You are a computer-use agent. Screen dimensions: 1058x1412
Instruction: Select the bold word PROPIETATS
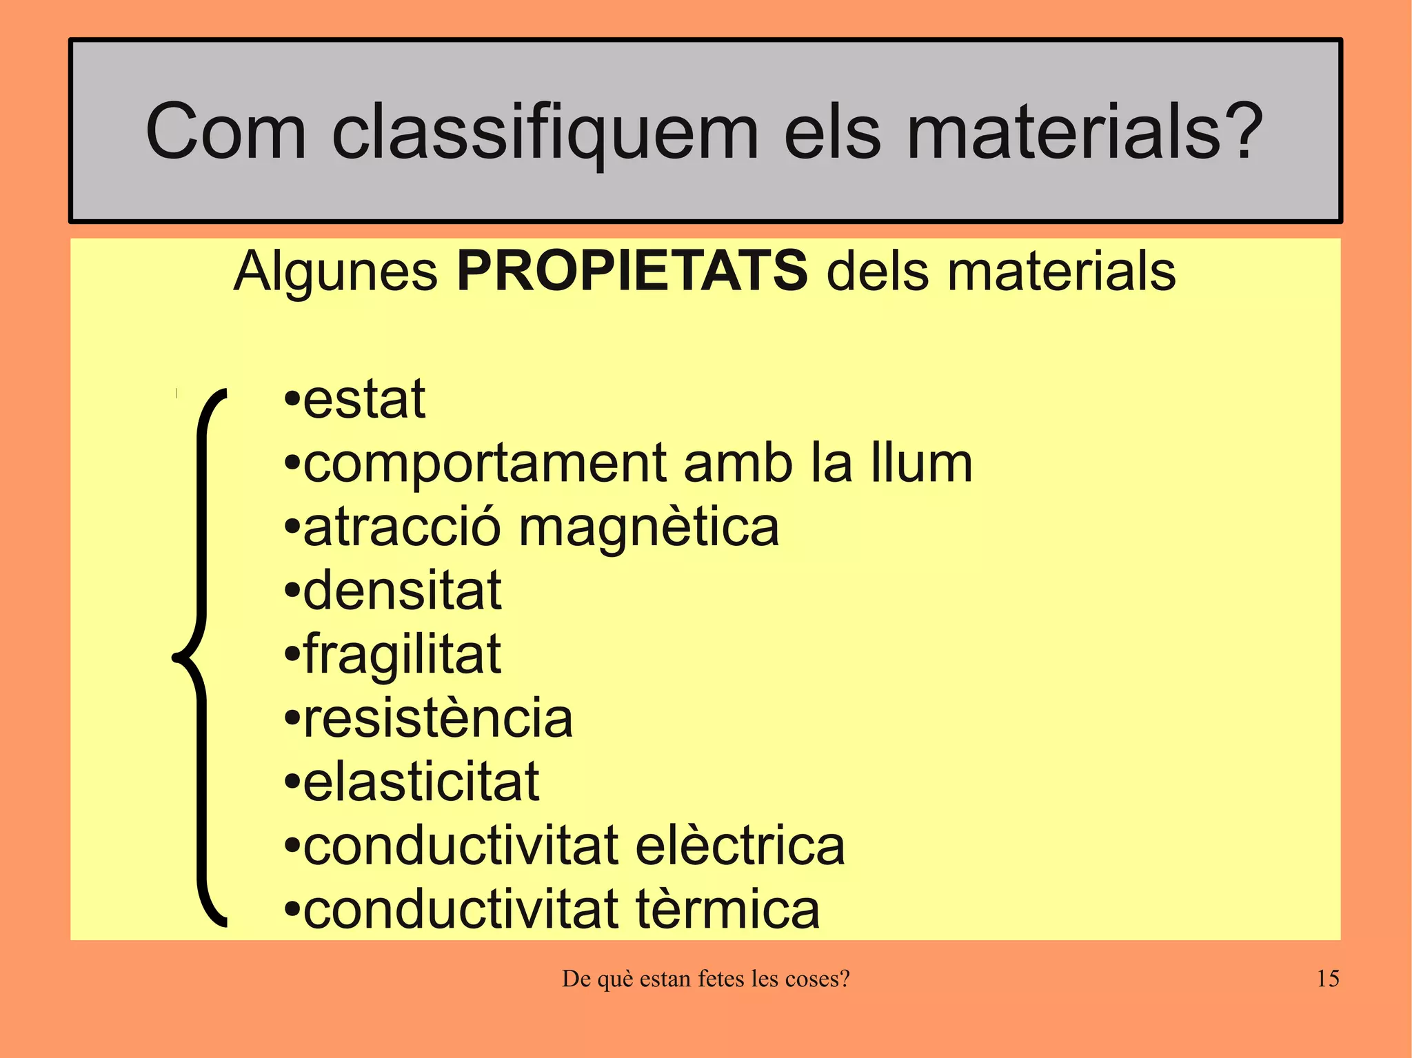click(x=632, y=271)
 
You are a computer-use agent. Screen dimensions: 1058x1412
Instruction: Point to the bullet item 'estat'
click(x=364, y=400)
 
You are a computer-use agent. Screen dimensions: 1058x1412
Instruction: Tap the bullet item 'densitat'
click(x=402, y=591)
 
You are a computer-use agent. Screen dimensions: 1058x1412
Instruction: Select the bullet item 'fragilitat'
click(x=402, y=655)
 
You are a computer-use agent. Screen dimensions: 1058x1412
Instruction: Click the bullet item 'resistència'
click(x=438, y=718)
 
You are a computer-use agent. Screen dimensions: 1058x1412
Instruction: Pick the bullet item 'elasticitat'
click(x=421, y=782)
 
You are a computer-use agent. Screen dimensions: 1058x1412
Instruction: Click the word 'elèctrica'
click(x=739, y=846)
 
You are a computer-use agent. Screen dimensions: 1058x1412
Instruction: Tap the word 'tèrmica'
click(x=727, y=910)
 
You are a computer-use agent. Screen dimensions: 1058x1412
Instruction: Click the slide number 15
click(x=1327, y=979)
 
